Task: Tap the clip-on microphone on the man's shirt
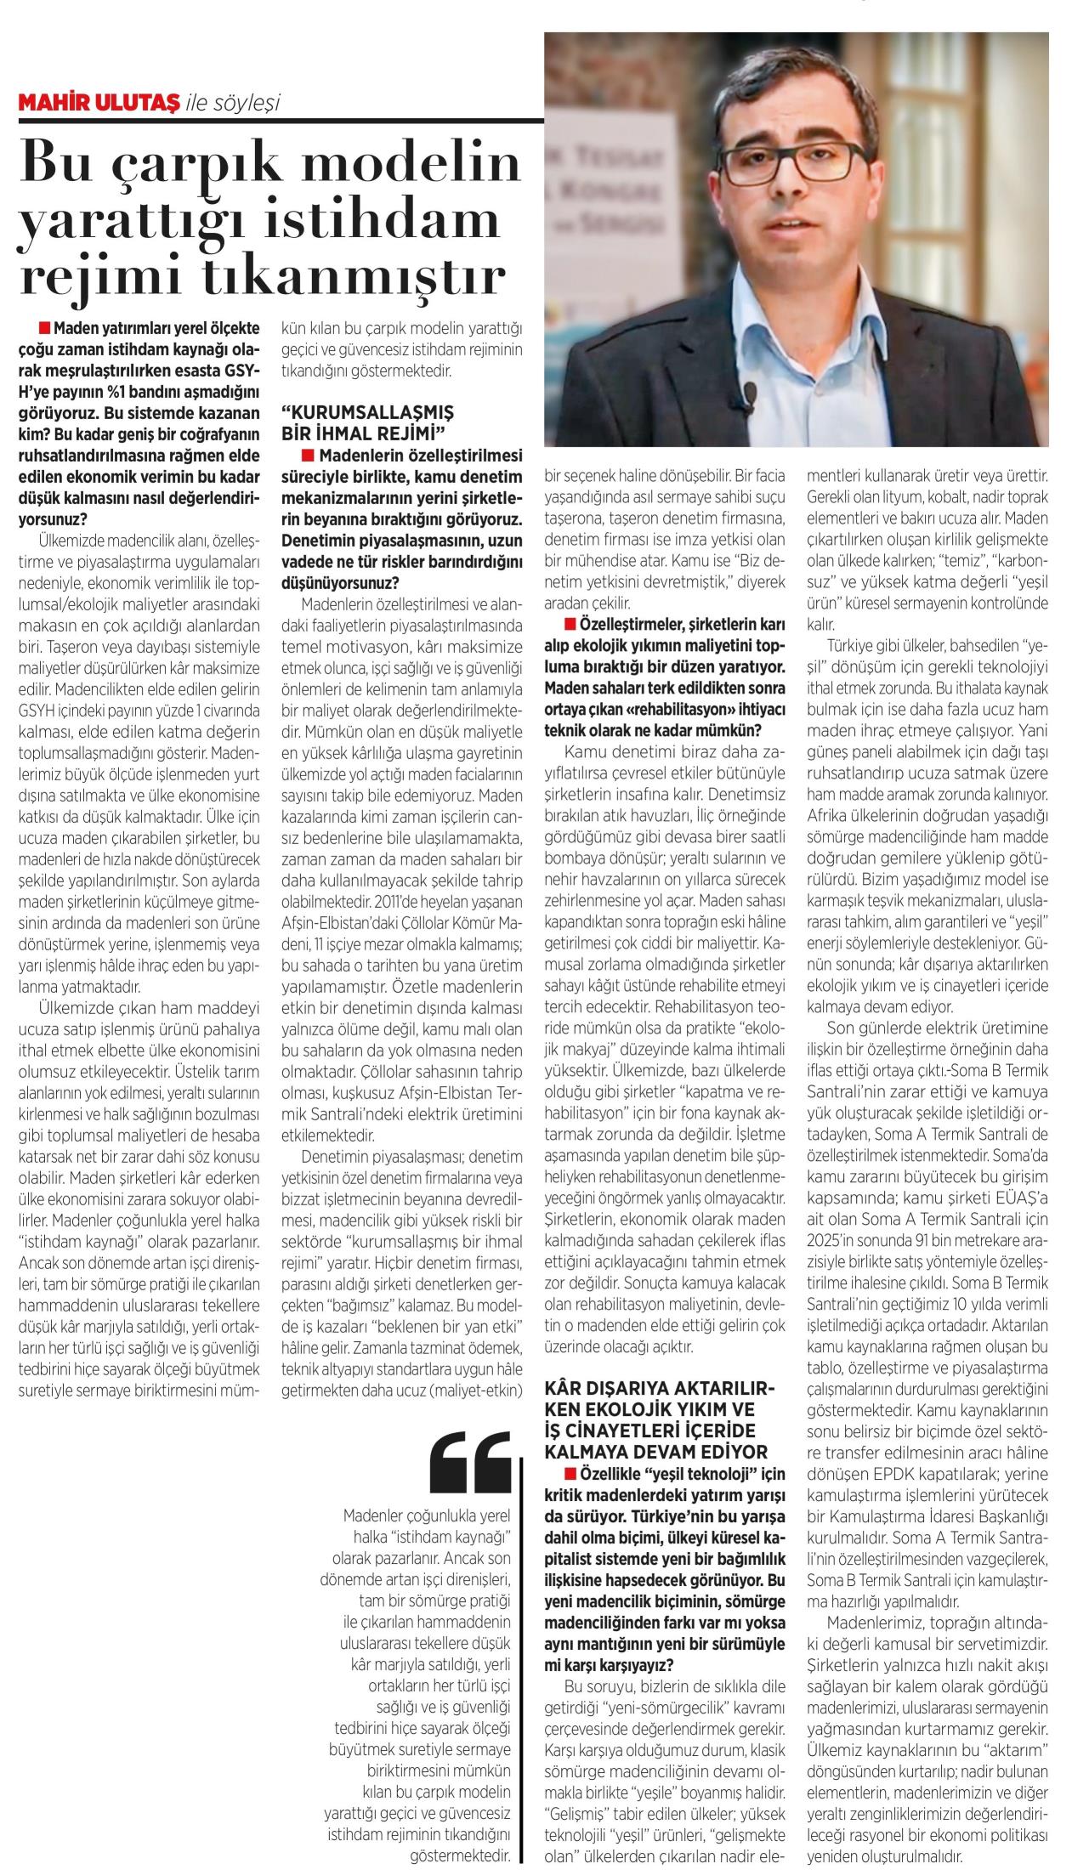coord(749,393)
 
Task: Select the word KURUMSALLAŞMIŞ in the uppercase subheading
coord(368,411)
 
